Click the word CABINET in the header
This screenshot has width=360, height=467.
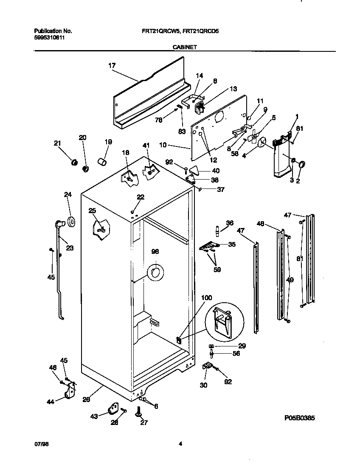184,48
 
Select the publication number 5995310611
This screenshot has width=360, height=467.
49,37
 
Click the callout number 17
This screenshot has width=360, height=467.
112,65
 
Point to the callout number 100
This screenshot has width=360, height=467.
206,298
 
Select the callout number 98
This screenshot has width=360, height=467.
155,251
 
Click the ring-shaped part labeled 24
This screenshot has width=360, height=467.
70,221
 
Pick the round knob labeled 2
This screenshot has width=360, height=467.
303,165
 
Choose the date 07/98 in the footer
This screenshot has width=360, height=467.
39,444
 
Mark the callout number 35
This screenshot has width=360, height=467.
232,245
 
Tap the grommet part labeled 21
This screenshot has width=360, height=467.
74,161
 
